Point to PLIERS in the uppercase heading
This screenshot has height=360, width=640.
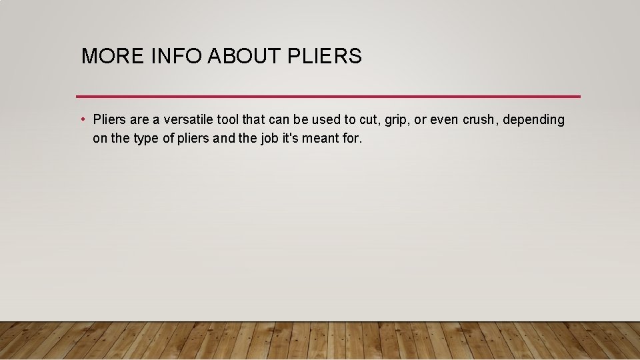325,57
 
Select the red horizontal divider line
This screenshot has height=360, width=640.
328,96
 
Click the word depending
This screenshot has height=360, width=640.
533,121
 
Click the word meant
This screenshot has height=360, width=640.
337,139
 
